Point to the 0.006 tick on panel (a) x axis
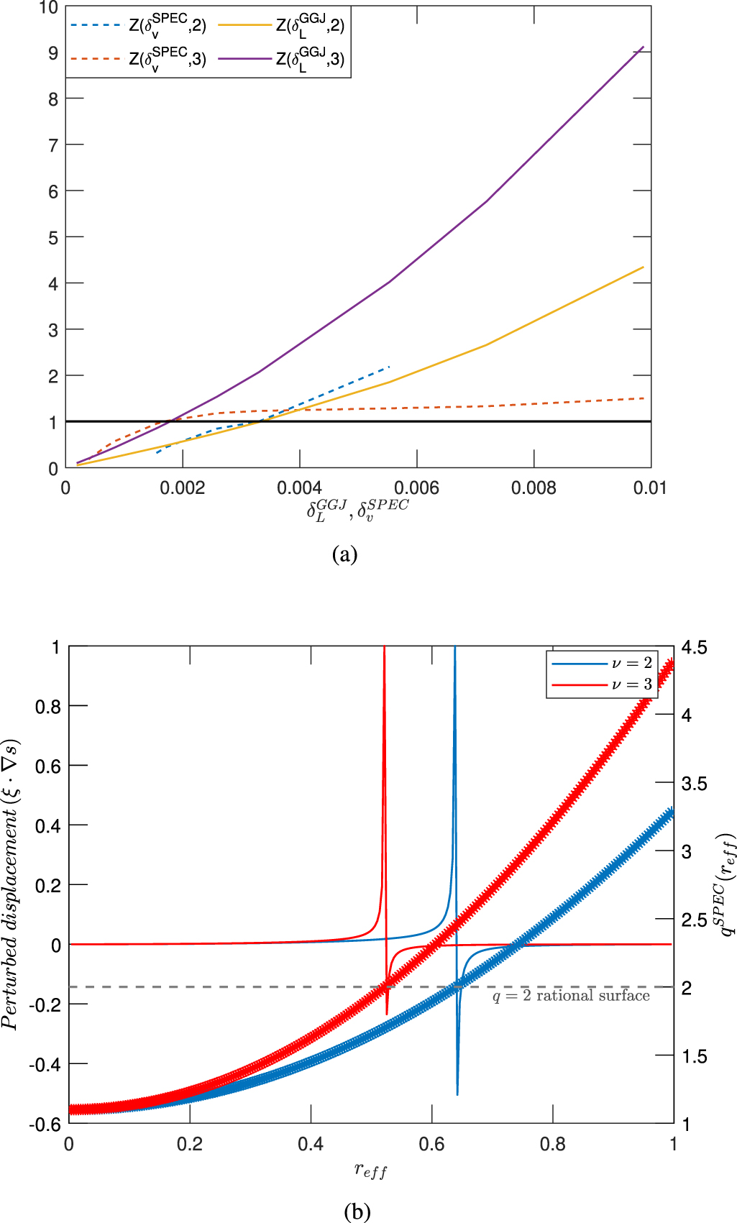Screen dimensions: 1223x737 coord(417,488)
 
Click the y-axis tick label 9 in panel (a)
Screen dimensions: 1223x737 coord(53,53)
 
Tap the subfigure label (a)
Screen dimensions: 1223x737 coord(345,554)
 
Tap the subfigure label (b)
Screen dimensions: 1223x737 coord(357,1212)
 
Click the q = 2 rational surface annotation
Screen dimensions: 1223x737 coord(571,996)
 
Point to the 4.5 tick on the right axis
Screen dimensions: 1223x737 coord(695,648)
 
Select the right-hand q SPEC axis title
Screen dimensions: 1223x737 coord(727,884)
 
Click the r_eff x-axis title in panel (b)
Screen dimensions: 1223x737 coord(370,1171)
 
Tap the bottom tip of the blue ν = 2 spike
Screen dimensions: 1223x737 coord(457,1094)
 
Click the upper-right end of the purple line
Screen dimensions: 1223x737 coord(644,47)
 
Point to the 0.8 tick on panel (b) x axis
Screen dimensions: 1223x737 coord(552,1144)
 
